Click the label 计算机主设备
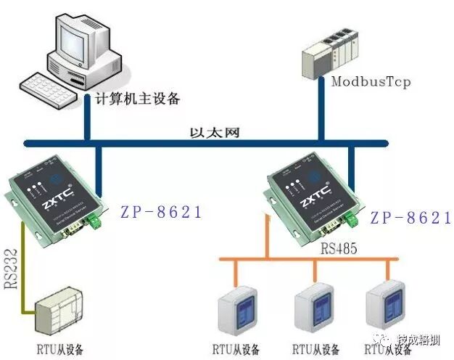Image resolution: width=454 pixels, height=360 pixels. tap(138, 98)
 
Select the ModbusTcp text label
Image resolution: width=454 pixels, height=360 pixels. tap(371, 81)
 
